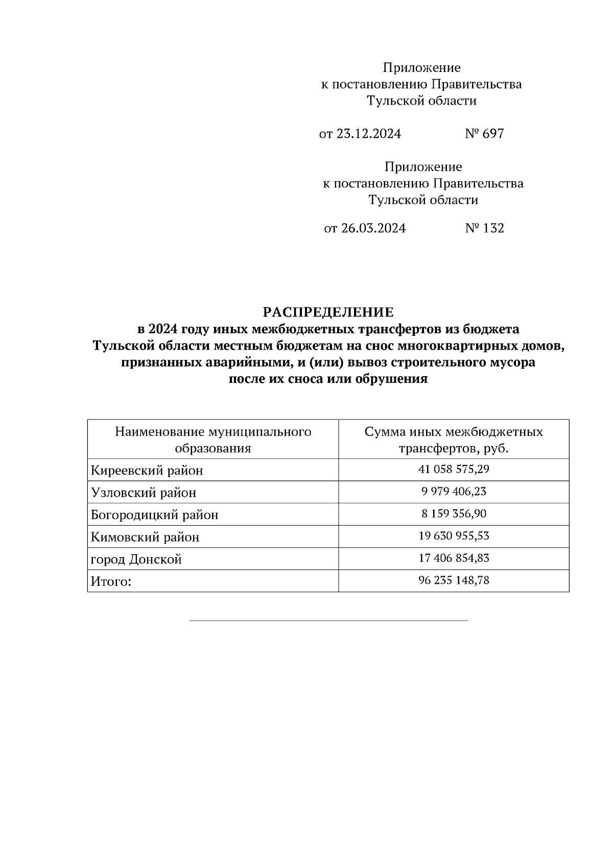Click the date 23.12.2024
(369, 134)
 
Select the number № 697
(484, 134)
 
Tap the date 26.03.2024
(373, 228)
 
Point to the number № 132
(484, 228)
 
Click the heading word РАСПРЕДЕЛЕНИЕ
(328, 312)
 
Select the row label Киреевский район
(147, 471)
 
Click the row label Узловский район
(144, 493)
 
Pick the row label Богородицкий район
(155, 515)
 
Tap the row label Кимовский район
(145, 537)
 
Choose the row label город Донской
(136, 560)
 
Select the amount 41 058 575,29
(454, 469)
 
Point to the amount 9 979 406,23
(454, 491)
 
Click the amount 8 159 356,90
(454, 513)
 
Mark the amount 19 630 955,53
(454, 536)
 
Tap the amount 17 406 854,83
(454, 558)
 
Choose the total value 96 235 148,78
(454, 580)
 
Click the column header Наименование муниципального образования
(213, 440)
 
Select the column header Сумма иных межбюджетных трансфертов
(454, 440)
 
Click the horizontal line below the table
(328, 621)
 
